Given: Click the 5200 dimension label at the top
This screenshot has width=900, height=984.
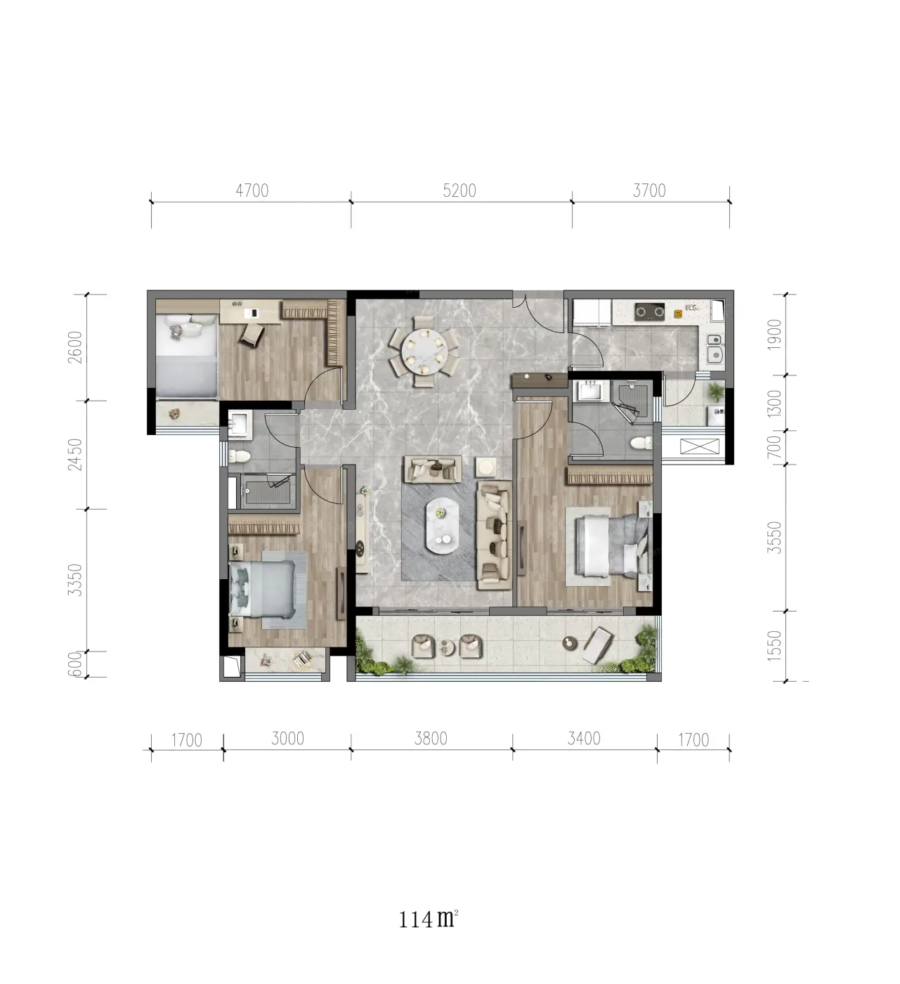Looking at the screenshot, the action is point(459,190).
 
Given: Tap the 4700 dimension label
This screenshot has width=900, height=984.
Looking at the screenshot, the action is point(252,190).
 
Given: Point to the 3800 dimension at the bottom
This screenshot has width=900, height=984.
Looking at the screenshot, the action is point(431,738).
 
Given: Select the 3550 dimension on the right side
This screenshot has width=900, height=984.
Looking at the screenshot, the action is point(774,538).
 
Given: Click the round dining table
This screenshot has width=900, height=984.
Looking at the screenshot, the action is point(424,351).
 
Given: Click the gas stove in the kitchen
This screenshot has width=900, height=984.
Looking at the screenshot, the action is point(649,311).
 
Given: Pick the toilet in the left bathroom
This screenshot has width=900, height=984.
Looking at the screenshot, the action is point(240,456).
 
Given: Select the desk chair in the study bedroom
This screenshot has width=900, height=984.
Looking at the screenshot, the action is point(253,334).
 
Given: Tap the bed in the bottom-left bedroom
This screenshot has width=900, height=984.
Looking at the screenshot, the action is point(262,588).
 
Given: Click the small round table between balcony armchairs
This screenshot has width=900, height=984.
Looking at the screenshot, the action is point(447,647).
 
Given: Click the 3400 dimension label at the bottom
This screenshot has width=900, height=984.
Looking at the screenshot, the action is point(584,738).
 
